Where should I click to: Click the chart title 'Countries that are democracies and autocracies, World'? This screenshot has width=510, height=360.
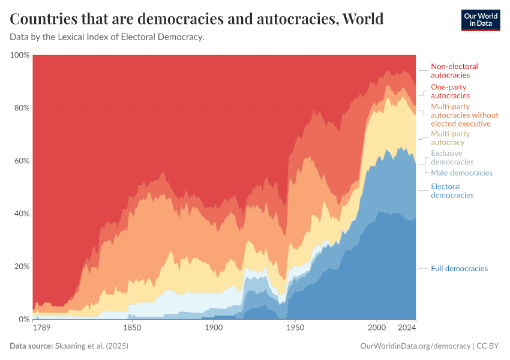(197, 19)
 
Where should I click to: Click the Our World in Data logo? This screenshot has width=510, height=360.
(480, 20)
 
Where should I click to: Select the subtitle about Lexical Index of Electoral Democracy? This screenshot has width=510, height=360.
(107, 37)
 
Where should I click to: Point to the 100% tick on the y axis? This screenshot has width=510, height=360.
(19, 55)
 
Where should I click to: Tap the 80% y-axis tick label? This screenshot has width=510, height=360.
(21, 108)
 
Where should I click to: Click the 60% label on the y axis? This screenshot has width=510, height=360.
(21, 161)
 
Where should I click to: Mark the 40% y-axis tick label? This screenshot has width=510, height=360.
(21, 214)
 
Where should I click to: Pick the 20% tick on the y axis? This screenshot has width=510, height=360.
(21, 266)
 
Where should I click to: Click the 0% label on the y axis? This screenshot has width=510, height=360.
(23, 319)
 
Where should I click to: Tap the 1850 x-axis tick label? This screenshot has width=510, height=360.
(132, 328)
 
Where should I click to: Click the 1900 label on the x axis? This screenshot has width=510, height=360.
(213, 328)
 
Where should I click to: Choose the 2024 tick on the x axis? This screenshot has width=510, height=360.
(407, 328)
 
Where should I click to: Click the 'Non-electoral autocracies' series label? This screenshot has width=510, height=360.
(454, 71)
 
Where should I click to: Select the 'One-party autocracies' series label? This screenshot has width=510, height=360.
(450, 91)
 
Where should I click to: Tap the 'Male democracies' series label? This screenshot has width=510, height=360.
(461, 173)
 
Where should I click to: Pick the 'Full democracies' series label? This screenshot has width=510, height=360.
(459, 268)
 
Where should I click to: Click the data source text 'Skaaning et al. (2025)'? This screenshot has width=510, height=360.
(91, 346)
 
